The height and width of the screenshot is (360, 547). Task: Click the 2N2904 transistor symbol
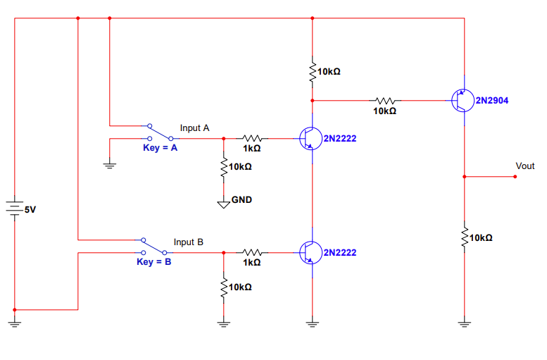click(x=462, y=101)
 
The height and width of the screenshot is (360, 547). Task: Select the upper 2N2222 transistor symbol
click(x=310, y=138)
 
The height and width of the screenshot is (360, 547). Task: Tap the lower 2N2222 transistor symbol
click(x=310, y=252)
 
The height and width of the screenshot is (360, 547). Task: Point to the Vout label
click(x=525, y=166)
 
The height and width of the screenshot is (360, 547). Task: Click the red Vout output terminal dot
click(x=515, y=176)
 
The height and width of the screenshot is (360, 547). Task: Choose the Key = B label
click(x=153, y=262)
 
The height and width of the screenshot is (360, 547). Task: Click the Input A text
click(x=195, y=128)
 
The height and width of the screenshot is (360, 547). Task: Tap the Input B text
click(x=189, y=242)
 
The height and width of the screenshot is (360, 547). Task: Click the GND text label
click(x=241, y=200)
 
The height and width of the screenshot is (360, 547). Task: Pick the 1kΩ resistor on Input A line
click(x=252, y=138)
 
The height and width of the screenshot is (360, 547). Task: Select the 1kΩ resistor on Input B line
click(x=252, y=252)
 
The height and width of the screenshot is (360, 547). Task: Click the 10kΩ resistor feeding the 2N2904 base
click(x=385, y=101)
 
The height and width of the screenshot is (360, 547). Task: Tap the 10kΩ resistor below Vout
click(x=464, y=237)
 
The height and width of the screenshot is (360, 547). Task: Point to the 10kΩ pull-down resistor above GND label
click(x=224, y=167)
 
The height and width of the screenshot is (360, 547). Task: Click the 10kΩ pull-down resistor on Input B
click(x=224, y=287)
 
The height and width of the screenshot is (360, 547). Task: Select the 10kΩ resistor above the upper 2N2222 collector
click(x=312, y=72)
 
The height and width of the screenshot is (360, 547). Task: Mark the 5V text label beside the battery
click(x=30, y=210)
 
